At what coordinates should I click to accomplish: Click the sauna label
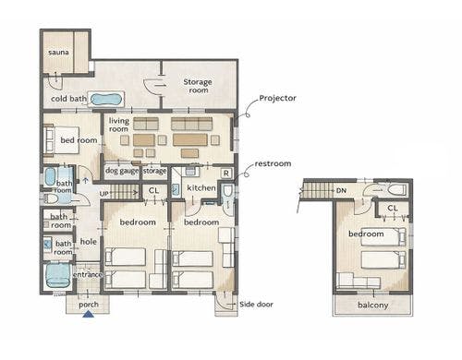tap(58, 53)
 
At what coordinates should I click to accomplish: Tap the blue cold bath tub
tap(106, 99)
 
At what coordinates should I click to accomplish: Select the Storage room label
tap(198, 86)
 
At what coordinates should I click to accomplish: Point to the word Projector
tap(277, 98)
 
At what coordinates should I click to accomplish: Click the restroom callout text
tap(273, 163)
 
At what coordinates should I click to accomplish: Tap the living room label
tap(119, 125)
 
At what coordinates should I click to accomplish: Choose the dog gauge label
tap(122, 171)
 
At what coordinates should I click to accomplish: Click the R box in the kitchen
tap(226, 174)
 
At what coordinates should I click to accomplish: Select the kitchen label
tap(201, 187)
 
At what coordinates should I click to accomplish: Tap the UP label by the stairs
tap(104, 194)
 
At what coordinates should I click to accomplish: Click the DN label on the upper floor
tap(341, 191)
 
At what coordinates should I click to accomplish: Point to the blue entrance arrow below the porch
tap(89, 314)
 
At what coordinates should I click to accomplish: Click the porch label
tap(89, 305)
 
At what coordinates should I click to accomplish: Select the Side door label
tap(256, 305)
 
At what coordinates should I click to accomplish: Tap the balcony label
tap(373, 306)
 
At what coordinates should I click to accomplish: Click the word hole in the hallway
tap(89, 242)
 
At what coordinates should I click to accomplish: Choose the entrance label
tap(88, 274)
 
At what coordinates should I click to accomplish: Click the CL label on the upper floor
tap(393, 209)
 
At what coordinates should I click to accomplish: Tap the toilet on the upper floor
tap(397, 189)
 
